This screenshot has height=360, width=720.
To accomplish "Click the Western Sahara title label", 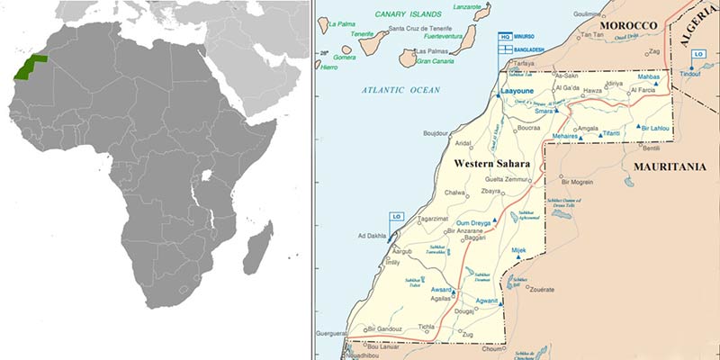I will (x=491, y=164).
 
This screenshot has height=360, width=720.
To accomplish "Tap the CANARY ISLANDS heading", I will (x=410, y=13).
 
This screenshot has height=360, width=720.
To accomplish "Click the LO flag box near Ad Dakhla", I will (x=396, y=217).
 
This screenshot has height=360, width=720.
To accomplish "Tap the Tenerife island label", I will (x=362, y=34).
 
